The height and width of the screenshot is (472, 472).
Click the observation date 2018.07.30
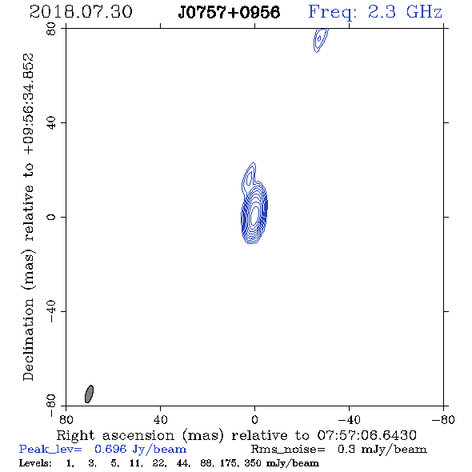pyautogui.click(x=81, y=12)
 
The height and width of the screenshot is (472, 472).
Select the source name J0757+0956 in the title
pyautogui.click(x=229, y=12)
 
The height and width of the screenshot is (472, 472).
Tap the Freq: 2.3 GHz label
pyautogui.click(x=375, y=12)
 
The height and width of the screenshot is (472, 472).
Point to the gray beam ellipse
pyautogui.click(x=89, y=394)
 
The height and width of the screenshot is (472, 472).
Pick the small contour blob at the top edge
pyautogui.click(x=320, y=40)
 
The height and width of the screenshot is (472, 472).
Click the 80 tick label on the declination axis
pyautogui.click(x=51, y=29)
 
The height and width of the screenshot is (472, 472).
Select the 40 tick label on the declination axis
pyautogui.click(x=51, y=123)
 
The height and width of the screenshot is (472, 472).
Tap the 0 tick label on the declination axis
pyautogui.click(x=51, y=217)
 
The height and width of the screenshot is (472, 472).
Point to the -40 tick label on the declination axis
pyautogui.click(x=51, y=311)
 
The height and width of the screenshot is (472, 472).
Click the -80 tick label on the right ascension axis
pyautogui.click(x=443, y=420)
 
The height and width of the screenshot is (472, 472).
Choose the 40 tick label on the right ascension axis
pyautogui.click(x=160, y=420)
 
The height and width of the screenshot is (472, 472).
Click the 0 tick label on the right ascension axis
pyautogui.click(x=254, y=420)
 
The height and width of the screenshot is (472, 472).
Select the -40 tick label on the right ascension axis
pyautogui.click(x=349, y=420)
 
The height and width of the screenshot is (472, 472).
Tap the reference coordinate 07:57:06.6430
pyautogui.click(x=366, y=435)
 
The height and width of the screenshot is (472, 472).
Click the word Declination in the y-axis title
pyautogui.click(x=28, y=339)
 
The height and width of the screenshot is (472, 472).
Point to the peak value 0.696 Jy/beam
pyautogui.click(x=140, y=450)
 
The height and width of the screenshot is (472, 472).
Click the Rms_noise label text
pyautogui.click(x=288, y=450)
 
